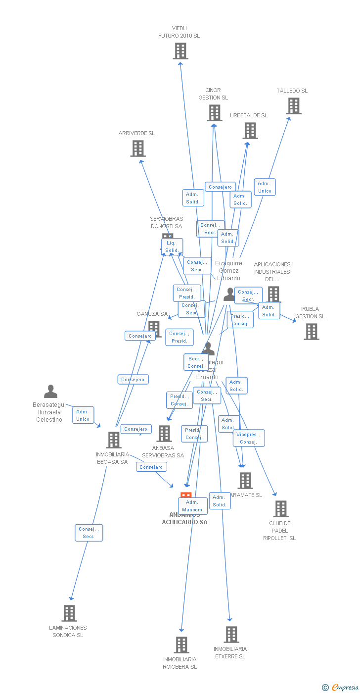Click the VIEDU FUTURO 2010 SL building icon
(180, 51)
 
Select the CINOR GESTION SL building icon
(215, 113)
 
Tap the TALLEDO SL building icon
(294, 106)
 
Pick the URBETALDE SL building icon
(250, 131)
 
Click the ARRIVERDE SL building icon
(138, 148)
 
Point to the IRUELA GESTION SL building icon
(312, 332)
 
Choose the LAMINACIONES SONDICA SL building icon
(69, 613)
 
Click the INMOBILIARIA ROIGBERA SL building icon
(181, 644)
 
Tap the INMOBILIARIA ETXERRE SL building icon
(231, 635)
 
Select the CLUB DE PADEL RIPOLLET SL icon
(281, 509)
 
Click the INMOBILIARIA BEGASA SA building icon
(114, 440)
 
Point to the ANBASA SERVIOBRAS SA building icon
(164, 434)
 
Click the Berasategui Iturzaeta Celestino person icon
(50, 392)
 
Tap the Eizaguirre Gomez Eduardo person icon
(229, 294)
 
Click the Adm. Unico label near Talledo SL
(265, 187)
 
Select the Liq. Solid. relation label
(172, 247)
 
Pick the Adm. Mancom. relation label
(193, 506)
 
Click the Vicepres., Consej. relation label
(249, 438)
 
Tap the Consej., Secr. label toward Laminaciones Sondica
(89, 533)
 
